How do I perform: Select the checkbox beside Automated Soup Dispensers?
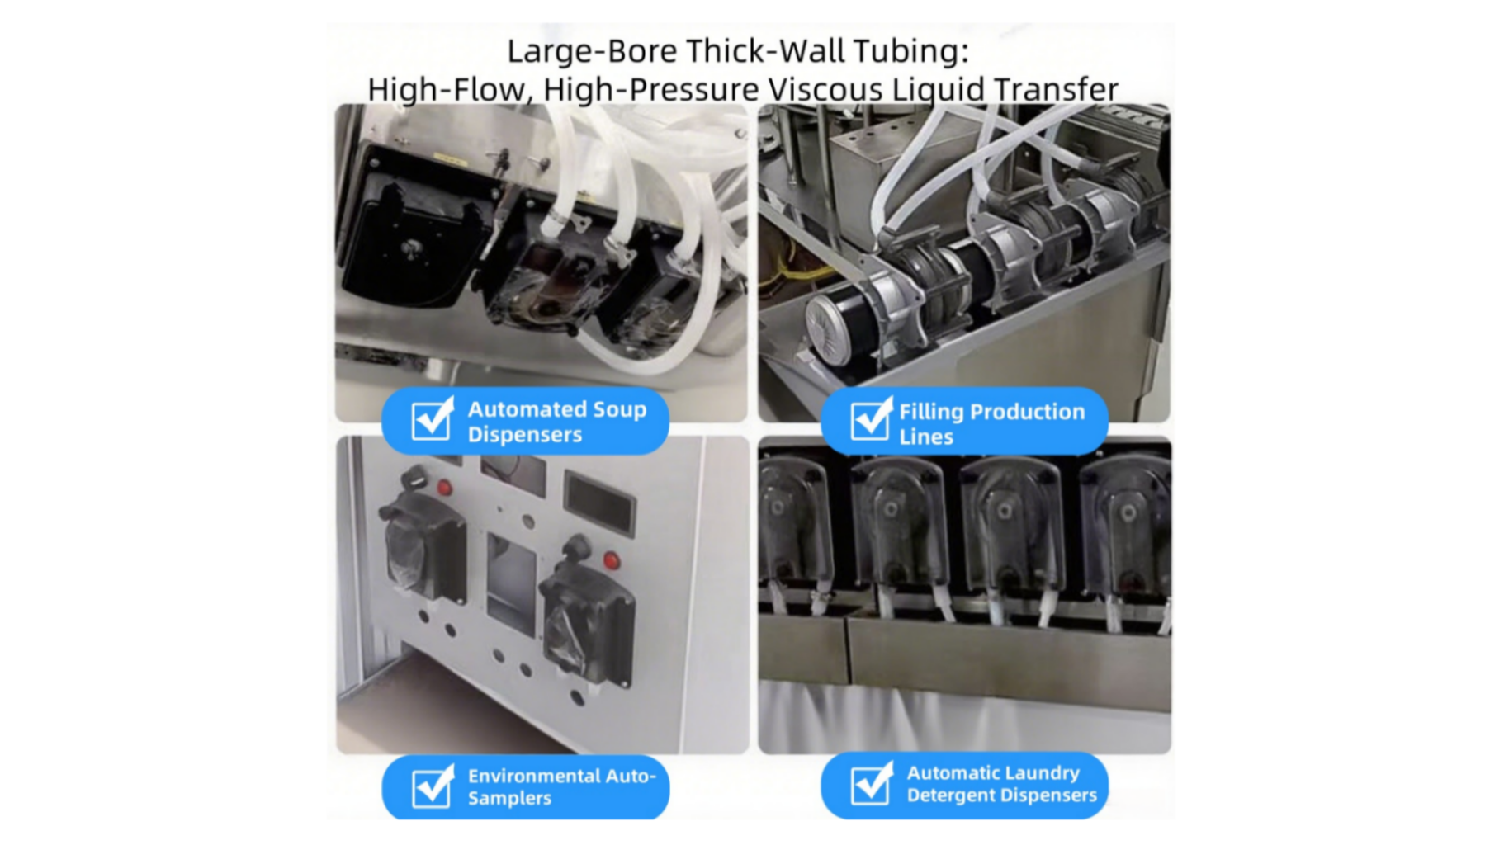[x=433, y=419]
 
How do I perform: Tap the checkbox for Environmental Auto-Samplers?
[x=433, y=786]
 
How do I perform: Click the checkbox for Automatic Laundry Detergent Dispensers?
[x=871, y=785]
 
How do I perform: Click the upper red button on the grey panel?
[x=445, y=488]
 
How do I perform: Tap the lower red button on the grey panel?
[x=611, y=561]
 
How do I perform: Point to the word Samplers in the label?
[x=509, y=799]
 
